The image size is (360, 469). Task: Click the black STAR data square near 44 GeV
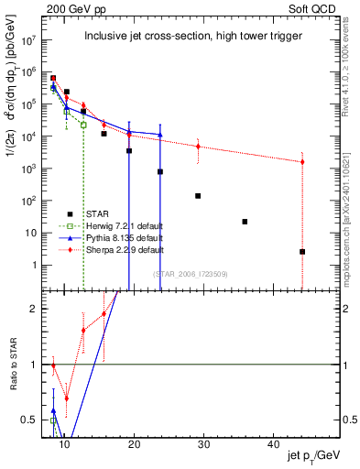coord(302,252)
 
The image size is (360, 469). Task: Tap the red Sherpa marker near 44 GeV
coord(302,162)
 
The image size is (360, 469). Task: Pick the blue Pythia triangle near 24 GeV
coord(160,135)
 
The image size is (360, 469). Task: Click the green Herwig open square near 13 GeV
coord(83,125)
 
